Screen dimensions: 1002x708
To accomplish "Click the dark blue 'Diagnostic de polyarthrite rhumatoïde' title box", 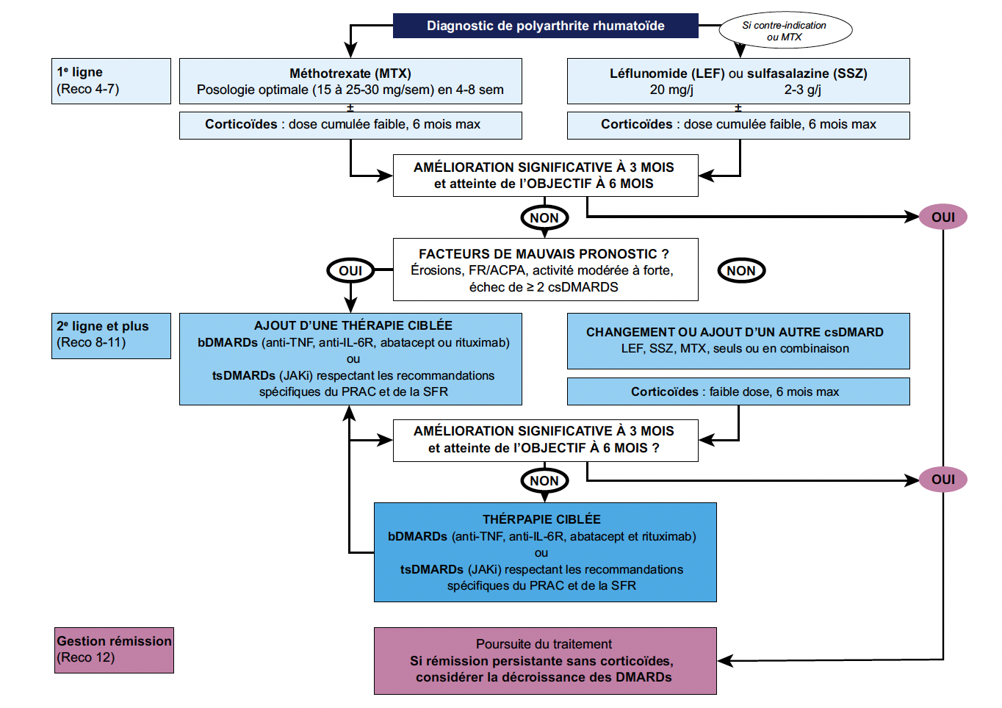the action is pos(545,26).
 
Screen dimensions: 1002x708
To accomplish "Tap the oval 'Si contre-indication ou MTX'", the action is pos(785,30).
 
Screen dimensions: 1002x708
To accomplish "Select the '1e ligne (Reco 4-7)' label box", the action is pos(111,81).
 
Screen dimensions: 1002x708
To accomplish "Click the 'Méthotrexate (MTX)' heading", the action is pos(350,73).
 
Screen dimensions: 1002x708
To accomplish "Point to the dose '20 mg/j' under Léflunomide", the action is pos(671,90).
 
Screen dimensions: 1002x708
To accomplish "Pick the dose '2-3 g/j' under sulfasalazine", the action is pos(802,90).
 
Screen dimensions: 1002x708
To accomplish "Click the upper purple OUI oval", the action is pos(943,217).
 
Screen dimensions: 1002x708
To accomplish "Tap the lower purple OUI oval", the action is pos(943,480).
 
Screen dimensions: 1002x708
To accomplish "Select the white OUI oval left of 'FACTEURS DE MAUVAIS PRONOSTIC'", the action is pos(350,270).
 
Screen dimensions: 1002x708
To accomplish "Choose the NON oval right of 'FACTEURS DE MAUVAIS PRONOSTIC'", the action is pos(741,270).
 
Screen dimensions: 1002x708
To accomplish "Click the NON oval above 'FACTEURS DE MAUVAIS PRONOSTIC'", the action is pos(544,218).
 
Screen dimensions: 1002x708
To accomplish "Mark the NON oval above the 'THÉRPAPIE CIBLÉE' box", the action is pos(544,481).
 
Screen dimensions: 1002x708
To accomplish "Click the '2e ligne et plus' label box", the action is pos(111,336).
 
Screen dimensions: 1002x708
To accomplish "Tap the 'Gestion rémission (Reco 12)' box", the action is pos(114,650).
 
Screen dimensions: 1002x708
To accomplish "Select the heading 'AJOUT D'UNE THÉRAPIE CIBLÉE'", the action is pos(353,325).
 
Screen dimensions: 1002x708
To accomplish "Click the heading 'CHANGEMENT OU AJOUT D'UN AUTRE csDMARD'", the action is pos(735,332).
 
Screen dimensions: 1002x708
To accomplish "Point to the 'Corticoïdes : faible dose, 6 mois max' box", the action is pos(738,391).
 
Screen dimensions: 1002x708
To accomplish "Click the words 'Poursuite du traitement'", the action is pos(544,644).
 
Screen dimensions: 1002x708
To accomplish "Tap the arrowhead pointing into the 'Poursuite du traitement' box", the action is pos(724,660).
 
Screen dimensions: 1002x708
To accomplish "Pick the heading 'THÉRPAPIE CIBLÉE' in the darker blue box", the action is pos(541,519).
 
